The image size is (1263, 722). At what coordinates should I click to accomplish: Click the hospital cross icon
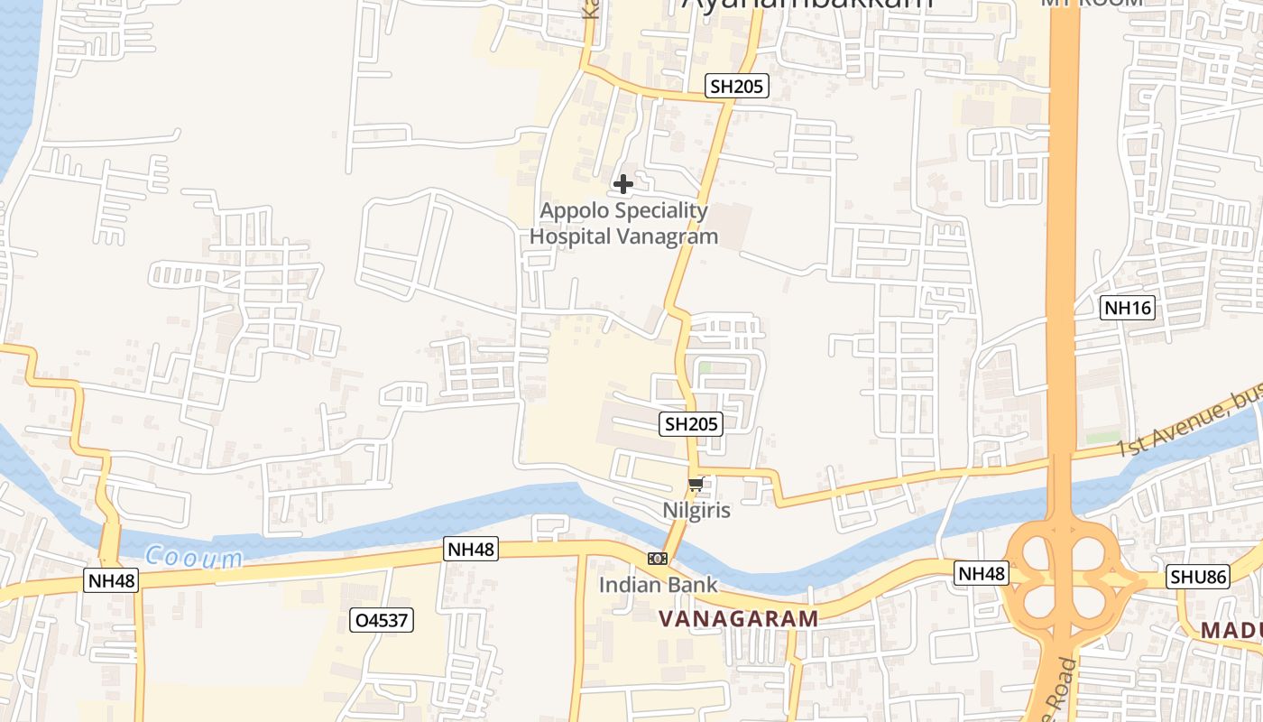[x=622, y=184]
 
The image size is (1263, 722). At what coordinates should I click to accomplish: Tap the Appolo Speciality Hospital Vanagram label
[x=623, y=224]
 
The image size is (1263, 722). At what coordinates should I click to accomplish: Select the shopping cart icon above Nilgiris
[x=696, y=485]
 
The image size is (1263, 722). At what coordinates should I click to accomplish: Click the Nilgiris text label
[x=696, y=510]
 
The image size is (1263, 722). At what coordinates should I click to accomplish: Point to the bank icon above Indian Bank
[x=658, y=559]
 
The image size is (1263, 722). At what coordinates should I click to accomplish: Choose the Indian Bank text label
[x=659, y=585]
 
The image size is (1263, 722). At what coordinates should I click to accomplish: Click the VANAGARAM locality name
[x=738, y=619]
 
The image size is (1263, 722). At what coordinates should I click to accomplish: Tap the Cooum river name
[x=194, y=558]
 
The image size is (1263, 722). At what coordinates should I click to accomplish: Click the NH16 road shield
[x=1129, y=308]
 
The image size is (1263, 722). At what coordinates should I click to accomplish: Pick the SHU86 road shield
[x=1199, y=577]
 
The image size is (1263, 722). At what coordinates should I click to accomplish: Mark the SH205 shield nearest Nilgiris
[x=691, y=423]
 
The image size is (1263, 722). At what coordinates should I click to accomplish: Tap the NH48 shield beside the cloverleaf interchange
[x=982, y=573]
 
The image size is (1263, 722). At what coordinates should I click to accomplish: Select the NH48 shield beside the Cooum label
[x=112, y=580]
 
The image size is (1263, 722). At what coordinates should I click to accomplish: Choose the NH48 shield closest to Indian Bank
[x=471, y=549]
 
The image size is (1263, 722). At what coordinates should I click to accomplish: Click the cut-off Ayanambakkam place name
[x=807, y=5]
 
